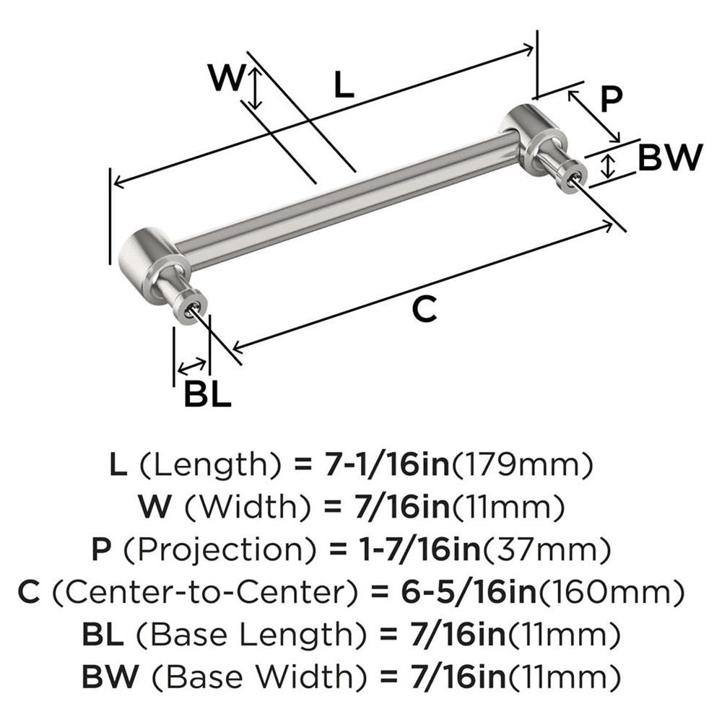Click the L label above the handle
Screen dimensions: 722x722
[x=344, y=87]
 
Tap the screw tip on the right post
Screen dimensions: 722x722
[x=575, y=175]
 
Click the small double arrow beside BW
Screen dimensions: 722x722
[x=609, y=166]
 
